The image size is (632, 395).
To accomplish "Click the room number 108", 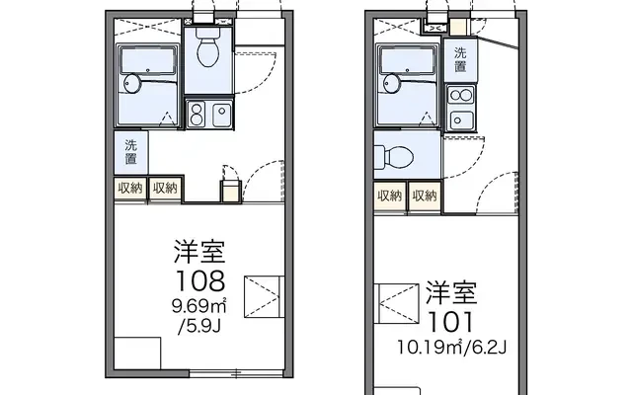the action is [x=199, y=280].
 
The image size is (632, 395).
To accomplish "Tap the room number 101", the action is [x=450, y=322].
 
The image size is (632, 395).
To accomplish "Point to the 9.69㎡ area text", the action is [x=199, y=307].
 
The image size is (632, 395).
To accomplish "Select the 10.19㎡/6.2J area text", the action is [x=452, y=347].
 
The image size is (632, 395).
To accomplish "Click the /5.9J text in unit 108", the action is [x=199, y=326].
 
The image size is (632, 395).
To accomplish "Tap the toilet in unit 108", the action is [x=208, y=47].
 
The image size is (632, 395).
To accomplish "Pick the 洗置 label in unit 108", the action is [x=130, y=152].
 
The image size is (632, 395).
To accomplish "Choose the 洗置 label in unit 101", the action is [x=460, y=59].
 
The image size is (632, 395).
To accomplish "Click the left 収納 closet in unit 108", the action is [x=130, y=188].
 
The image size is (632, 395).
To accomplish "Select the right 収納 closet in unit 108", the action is [x=165, y=188].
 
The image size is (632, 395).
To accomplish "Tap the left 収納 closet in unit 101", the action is [x=390, y=196].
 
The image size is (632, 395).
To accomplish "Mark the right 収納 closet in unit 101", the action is [x=425, y=196].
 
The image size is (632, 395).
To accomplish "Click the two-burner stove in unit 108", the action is [x=197, y=115].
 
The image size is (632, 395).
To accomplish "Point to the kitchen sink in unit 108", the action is [x=221, y=115].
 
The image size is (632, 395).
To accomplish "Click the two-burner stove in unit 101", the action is [x=461, y=96].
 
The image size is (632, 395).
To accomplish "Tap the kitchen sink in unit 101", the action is [x=461, y=120].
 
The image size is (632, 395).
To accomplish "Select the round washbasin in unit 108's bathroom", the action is [x=131, y=84].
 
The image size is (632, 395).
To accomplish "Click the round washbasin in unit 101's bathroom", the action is [x=392, y=83].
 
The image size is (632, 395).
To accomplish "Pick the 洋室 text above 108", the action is [x=199, y=251].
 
